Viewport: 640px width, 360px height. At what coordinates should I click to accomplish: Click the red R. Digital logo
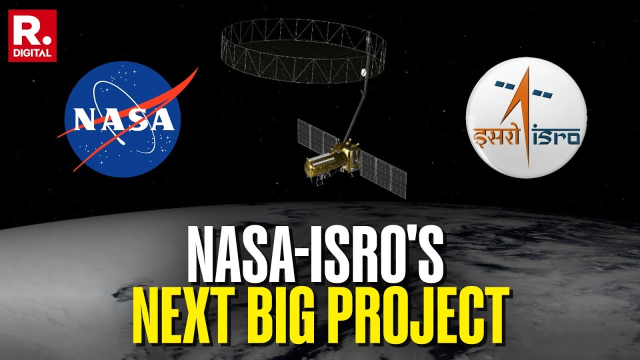pyautogui.click(x=32, y=35)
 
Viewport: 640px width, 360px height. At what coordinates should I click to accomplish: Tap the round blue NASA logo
pyautogui.click(x=122, y=119)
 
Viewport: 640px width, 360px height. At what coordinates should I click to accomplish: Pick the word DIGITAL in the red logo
pyautogui.click(x=32, y=52)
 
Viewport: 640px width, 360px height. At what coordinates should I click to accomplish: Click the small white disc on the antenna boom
pyautogui.click(x=364, y=73)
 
